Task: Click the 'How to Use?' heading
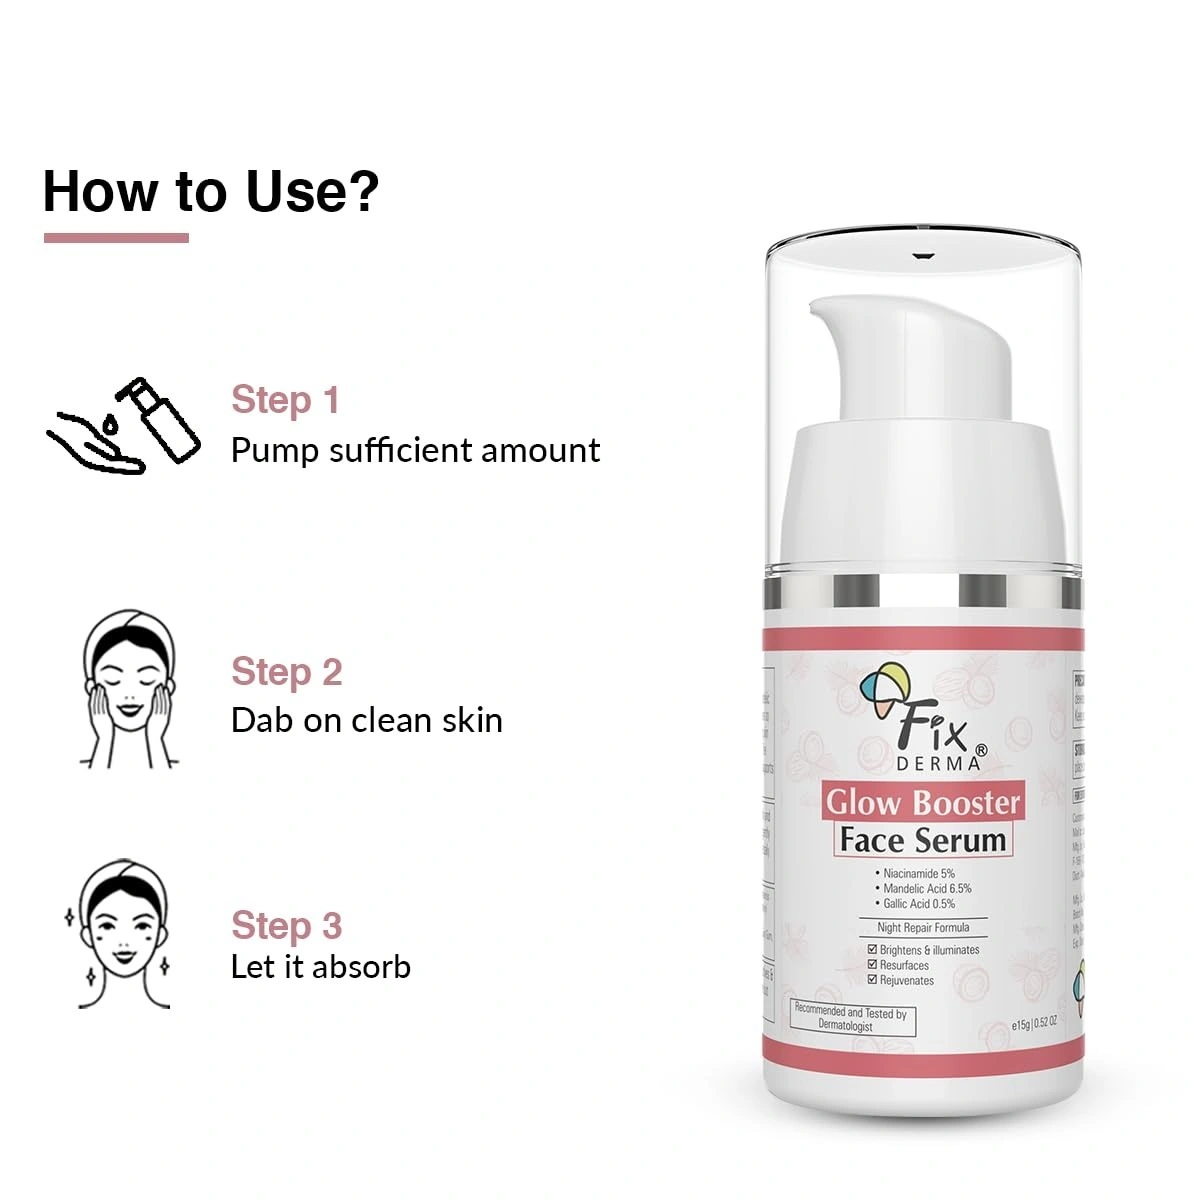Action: click(211, 191)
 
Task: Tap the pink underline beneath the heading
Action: click(116, 238)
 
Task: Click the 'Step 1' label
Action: click(285, 400)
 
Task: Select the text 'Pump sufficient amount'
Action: click(415, 450)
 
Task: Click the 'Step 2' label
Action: click(286, 672)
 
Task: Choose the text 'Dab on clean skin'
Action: click(366, 720)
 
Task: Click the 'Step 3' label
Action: click(286, 925)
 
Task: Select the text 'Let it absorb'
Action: click(320, 967)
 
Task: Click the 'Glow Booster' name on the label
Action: click(922, 803)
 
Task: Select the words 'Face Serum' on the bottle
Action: click(922, 840)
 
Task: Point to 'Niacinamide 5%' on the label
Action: click(918, 873)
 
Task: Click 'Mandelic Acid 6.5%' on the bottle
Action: click(926, 888)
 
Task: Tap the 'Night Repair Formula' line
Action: click(923, 927)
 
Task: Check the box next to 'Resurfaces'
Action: click(872, 965)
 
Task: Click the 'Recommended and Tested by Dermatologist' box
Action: click(851, 1018)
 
